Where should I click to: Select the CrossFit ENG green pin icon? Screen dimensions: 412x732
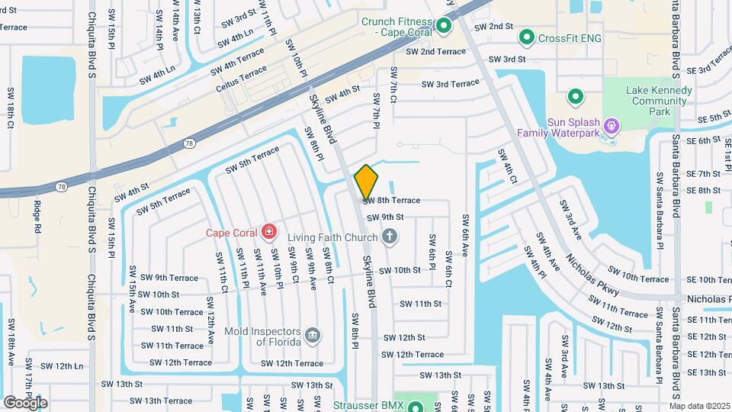click(x=526, y=37)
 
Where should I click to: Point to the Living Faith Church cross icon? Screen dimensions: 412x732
click(x=390, y=236)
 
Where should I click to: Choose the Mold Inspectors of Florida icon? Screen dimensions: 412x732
click(x=312, y=335)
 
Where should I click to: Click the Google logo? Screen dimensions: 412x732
click(x=25, y=402)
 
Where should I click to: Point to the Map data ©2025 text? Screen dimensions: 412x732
click(x=699, y=405)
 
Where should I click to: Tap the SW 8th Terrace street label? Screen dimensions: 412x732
click(x=392, y=201)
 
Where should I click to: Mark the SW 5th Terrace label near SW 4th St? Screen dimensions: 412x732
click(x=164, y=201)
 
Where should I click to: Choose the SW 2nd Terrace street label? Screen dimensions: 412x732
click(x=435, y=52)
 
